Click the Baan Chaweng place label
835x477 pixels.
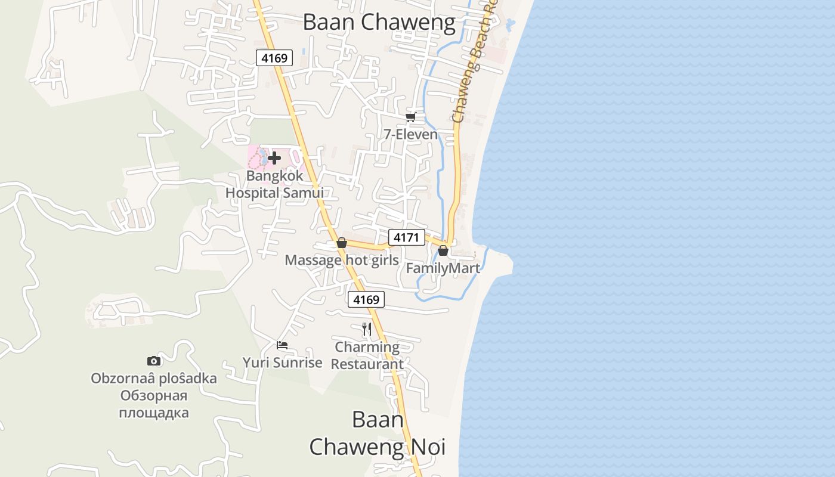click(379, 23)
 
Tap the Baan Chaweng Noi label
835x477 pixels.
click(377, 433)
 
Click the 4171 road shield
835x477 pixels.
click(406, 237)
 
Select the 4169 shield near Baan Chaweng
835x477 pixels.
click(274, 58)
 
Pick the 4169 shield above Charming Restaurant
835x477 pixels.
click(366, 299)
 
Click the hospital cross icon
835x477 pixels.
click(274, 158)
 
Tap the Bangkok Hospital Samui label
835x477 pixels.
click(274, 184)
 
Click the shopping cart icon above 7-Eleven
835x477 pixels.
click(410, 117)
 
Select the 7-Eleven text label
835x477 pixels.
click(410, 134)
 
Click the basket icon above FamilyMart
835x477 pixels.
click(443, 251)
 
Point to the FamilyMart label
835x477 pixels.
click(443, 268)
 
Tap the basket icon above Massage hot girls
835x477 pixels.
click(342, 243)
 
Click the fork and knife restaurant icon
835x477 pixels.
click(367, 329)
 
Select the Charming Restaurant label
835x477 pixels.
click(367, 355)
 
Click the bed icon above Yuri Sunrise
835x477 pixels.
click(282, 345)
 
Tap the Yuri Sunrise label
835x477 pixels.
click(282, 363)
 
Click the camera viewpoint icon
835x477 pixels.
click(154, 361)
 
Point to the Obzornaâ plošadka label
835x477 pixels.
click(154, 379)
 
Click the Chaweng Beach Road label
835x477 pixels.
click(474, 63)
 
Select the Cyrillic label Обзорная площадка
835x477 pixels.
click(154, 404)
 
